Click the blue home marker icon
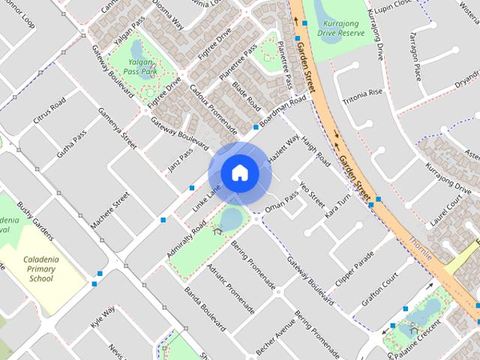[239, 172]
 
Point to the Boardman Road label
[283, 112]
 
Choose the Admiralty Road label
[186, 240]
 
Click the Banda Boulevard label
[205, 309]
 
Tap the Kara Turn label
[337, 205]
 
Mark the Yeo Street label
[310, 193]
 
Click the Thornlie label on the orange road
[422, 252]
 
